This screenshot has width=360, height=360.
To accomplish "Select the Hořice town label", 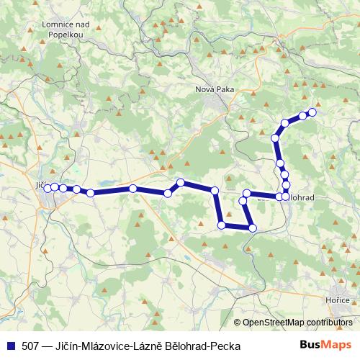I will [x=336, y=300].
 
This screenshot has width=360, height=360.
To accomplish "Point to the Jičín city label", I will [x=42, y=185].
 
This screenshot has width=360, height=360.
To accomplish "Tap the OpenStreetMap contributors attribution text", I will [x=297, y=323].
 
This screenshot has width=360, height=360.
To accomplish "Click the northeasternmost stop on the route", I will [x=312, y=112].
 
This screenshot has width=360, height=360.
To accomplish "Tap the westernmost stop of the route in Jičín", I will [x=48, y=189].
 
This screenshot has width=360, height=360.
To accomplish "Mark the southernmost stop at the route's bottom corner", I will [x=252, y=228].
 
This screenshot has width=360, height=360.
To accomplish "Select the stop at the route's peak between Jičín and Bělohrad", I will [x=181, y=182].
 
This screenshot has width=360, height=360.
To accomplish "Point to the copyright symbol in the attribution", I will [x=237, y=323].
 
